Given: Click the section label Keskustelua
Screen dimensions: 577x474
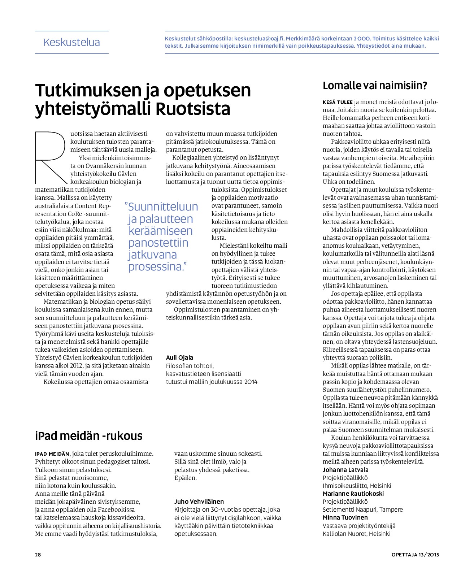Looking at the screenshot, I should point(71,43).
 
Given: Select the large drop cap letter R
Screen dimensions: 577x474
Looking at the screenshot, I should point(51,157).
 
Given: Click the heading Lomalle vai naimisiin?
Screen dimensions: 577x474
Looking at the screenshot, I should point(375,86).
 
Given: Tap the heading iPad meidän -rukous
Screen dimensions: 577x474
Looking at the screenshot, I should point(89,436).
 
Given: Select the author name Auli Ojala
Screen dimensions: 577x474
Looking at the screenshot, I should point(179,357).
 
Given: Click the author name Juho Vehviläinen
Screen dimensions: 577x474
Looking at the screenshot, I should point(199,502).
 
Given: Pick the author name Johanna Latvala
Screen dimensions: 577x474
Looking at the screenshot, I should point(345,470).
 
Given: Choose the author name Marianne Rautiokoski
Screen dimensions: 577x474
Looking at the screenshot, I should point(353,494).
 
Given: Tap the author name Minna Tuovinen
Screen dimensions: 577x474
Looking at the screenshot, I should point(345,517).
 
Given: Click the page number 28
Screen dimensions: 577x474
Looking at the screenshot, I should point(38,555).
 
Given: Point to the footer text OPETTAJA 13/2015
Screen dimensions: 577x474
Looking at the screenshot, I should point(415,555).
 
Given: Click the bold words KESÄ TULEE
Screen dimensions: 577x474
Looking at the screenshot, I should point(338,102).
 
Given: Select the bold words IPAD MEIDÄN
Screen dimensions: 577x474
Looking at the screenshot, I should point(52,454).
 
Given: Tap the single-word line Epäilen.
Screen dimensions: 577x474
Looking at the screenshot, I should point(186,478).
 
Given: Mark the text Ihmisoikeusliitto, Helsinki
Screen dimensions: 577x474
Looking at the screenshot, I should point(357,486).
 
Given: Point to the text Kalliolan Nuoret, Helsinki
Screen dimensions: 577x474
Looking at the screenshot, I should point(356,534).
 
